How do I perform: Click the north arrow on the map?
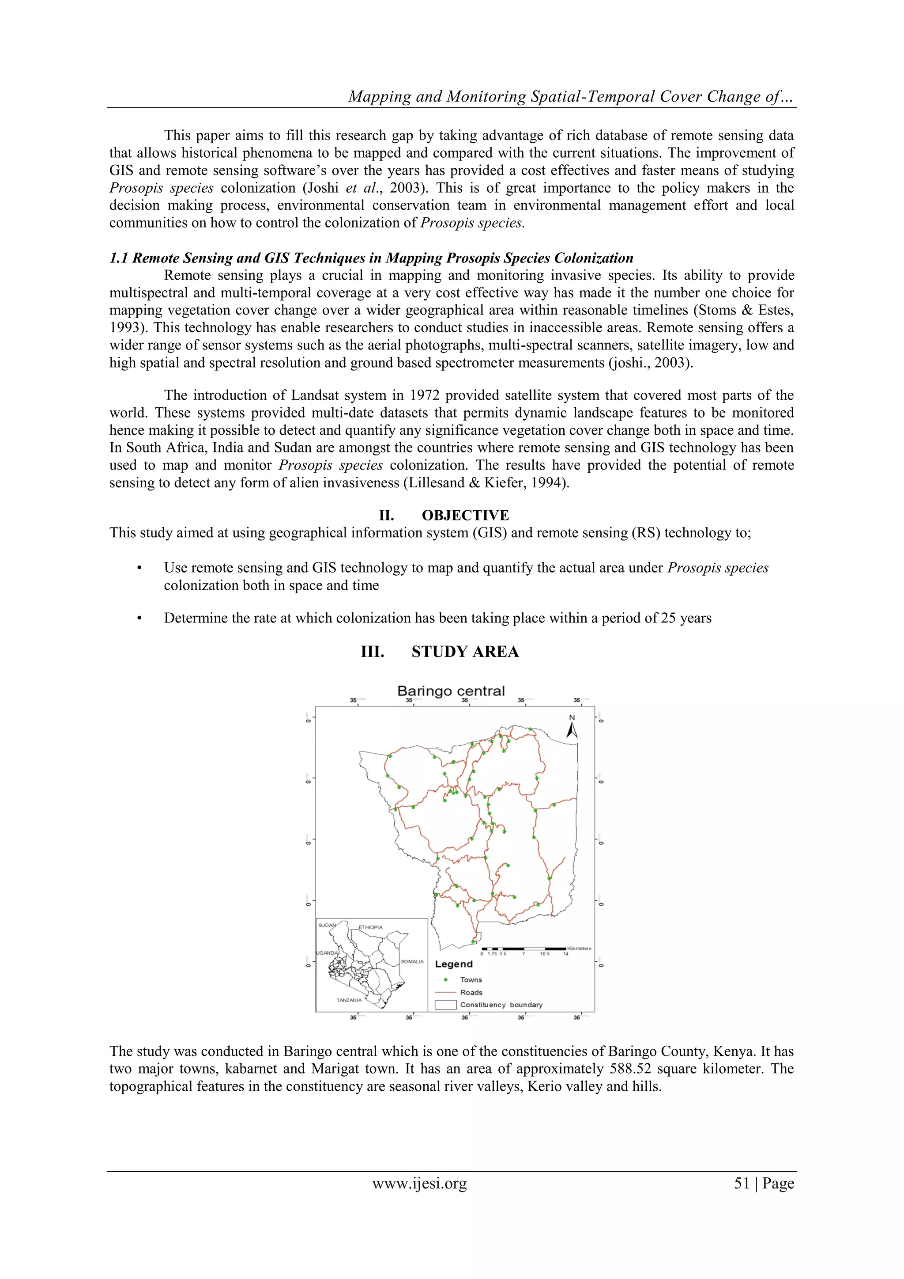pos(572,730)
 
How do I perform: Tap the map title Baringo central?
pos(451,691)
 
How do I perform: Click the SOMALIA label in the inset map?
pos(412,962)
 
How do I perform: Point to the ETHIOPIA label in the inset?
pos(371,927)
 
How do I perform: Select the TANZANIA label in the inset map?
pos(349,1001)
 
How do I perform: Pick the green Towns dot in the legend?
pos(446,980)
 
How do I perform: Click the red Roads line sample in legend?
pos(445,993)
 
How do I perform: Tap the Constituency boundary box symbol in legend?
pos(445,1006)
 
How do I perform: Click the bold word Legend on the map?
pos(454,964)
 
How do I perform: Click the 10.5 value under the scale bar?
pos(544,954)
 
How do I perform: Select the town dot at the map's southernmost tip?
pos(473,942)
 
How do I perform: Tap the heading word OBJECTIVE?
pos(465,515)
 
